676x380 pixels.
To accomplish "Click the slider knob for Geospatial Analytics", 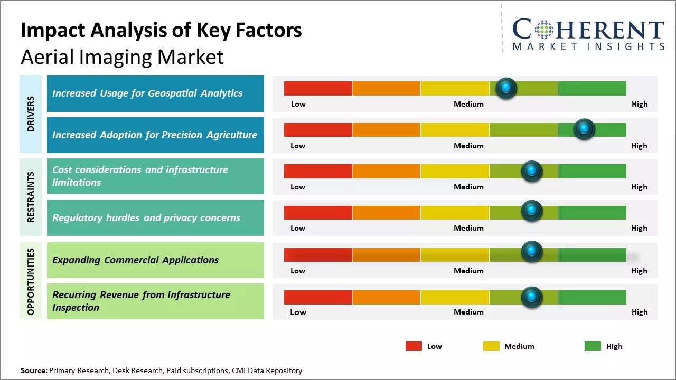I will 506,88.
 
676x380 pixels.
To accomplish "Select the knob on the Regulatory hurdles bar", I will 532,211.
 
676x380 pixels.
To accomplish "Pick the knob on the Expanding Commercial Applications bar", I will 532,252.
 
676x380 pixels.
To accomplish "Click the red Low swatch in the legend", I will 414,346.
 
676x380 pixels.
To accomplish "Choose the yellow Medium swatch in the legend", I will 491,346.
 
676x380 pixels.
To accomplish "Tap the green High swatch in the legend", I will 593,346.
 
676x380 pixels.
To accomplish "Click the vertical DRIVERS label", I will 31,114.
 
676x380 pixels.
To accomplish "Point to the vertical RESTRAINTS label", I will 31,197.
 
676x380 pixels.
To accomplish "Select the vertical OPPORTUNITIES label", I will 31,281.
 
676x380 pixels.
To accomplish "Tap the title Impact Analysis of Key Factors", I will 161,31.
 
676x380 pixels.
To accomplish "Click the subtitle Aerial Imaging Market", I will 122,57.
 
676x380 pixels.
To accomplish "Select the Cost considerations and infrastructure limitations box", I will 155,176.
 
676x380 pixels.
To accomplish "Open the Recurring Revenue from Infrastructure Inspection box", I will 155,301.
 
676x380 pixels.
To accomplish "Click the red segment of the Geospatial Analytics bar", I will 318,88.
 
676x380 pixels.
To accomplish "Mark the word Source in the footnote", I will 34,370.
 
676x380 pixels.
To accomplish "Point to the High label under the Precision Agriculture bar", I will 639,146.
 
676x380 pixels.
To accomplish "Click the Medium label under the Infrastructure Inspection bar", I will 468,312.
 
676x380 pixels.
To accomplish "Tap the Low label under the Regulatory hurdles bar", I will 298,228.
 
